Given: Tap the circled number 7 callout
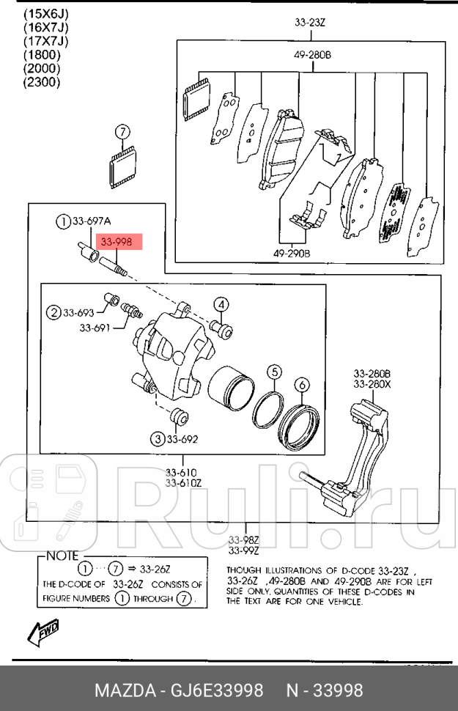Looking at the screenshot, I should tap(122, 132).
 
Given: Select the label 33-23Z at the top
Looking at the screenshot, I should tap(309, 23).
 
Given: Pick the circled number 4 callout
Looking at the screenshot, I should tap(221, 305).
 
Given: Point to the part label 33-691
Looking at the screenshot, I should tap(95, 328).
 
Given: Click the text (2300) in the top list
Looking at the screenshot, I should tap(42, 82).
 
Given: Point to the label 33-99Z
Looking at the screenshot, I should tap(243, 551).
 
